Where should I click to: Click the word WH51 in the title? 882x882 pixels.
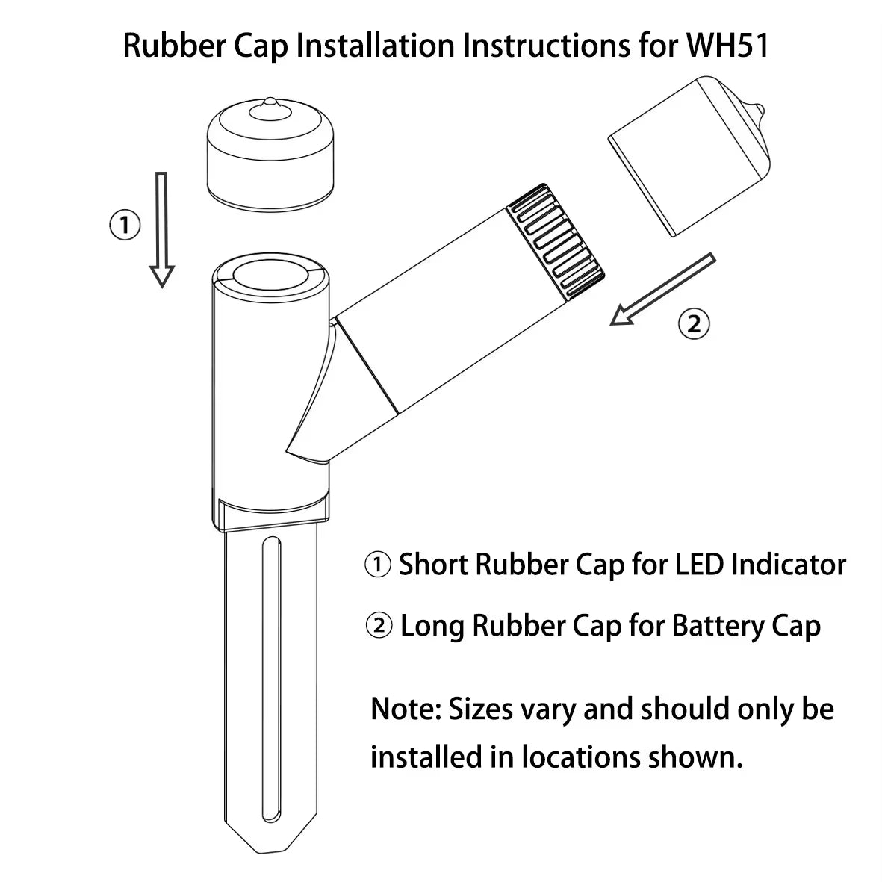[x=726, y=46]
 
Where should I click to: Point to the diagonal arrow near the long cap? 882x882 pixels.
[x=662, y=290]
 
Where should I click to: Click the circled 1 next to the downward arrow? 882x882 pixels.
[x=125, y=225]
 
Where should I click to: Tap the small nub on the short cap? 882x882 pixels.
[x=271, y=108]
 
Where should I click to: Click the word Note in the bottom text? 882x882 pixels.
[x=403, y=708]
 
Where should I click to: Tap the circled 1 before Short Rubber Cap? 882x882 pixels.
[x=378, y=565]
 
